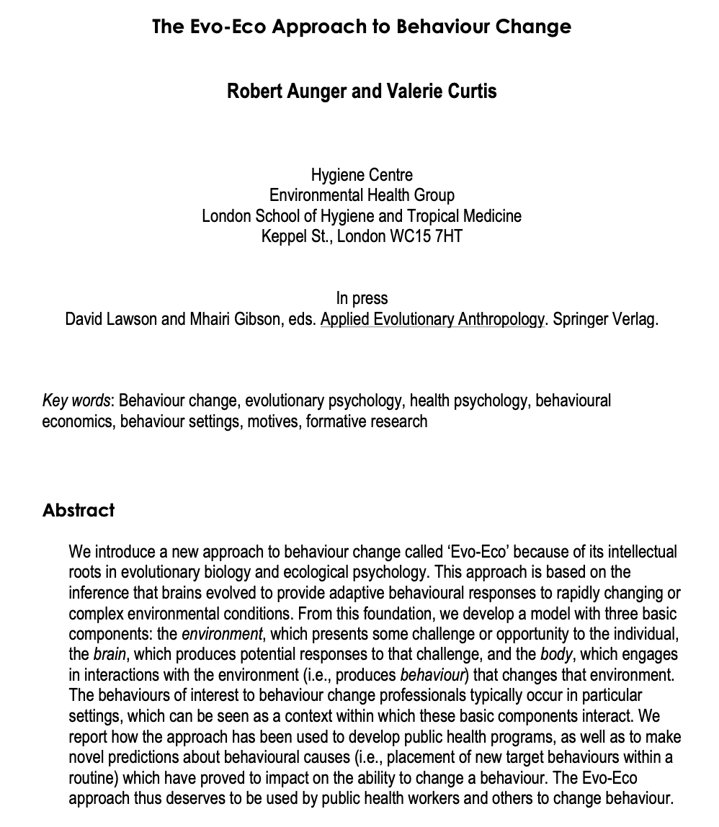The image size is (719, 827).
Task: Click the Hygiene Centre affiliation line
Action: pos(362,174)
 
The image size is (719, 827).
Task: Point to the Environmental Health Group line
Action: pos(362,195)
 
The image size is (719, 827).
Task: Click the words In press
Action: pos(362,298)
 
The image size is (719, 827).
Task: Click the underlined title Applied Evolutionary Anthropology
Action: pos(432,319)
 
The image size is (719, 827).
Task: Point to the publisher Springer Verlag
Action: pos(605,319)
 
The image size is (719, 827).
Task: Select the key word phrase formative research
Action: pos(367,421)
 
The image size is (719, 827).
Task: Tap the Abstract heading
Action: pos(79,510)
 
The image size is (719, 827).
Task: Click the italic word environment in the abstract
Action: pos(222,635)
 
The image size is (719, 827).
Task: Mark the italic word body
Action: pos(556,655)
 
